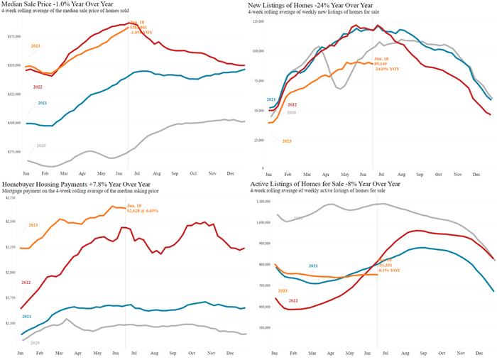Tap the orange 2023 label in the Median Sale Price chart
35,45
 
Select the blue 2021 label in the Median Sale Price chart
42,103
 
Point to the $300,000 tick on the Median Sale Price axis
13,123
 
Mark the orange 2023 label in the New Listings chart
287,141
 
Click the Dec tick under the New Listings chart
479,173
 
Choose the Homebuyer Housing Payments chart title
67,184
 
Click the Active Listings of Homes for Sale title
324,184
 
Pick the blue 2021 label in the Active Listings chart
314,266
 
